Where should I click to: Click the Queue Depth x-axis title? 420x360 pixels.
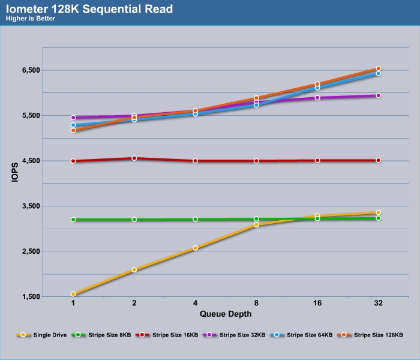(x=225, y=314)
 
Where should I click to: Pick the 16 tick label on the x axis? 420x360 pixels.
(x=317, y=304)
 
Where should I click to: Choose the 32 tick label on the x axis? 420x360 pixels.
(x=378, y=304)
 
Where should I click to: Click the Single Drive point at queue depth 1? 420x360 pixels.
(x=73, y=294)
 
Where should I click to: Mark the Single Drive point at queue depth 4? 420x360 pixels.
(x=195, y=248)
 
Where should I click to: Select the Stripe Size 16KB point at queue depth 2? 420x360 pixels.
(x=134, y=158)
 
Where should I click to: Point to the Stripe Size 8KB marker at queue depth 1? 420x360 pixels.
(x=73, y=220)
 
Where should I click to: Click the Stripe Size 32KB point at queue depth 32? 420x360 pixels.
(x=378, y=95)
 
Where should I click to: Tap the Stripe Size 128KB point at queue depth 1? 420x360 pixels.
(x=73, y=130)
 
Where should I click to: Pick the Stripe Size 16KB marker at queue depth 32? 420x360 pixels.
(x=378, y=160)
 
